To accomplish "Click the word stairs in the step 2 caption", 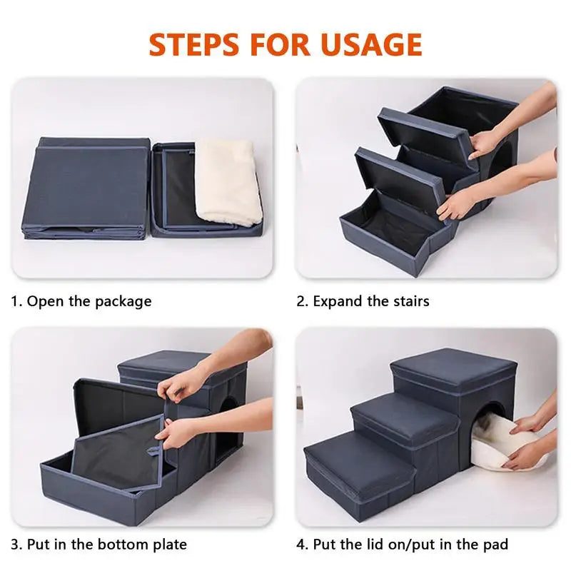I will pyautogui.click(x=409, y=301).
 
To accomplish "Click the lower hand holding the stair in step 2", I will pyautogui.click(x=457, y=206).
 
